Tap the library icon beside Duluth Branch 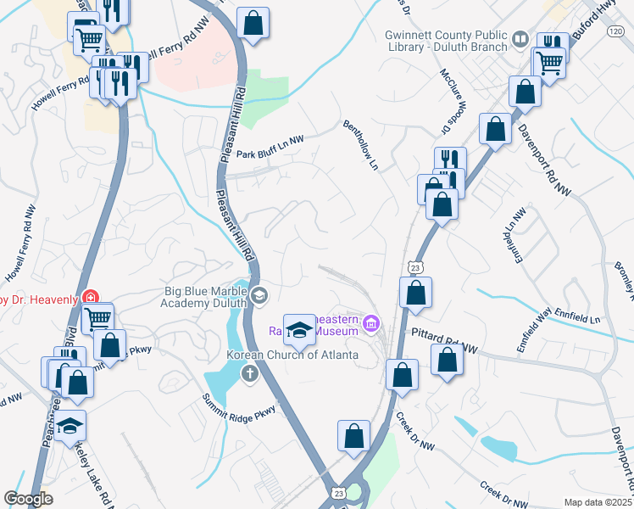pyautogui.click(x=519, y=39)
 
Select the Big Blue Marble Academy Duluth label pyautogui.click(x=206, y=297)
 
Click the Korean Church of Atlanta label pyautogui.click(x=292, y=355)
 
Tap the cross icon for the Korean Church pyautogui.click(x=249, y=372)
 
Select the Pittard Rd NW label pyautogui.click(x=445, y=336)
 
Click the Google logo pyautogui.click(x=29, y=498)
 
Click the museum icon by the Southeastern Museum pyautogui.click(x=370, y=323)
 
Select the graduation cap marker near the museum pyautogui.click(x=299, y=329)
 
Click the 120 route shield pyautogui.click(x=614, y=30)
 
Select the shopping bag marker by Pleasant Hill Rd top pyautogui.click(x=253, y=22)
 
